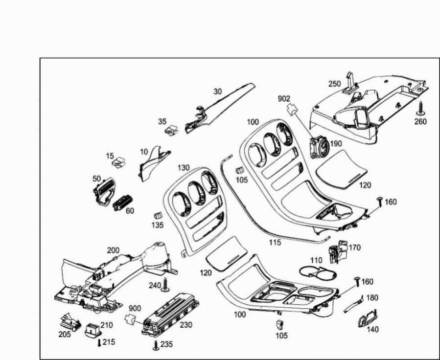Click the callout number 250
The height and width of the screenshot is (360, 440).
coord(334,84)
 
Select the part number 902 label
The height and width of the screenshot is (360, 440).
coord(284,99)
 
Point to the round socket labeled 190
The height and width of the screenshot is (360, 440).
coord(319,147)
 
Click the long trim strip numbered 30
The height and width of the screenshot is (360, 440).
coord(218,108)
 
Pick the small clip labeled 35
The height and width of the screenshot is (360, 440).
coord(171,131)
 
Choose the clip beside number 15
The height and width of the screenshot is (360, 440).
coord(119,162)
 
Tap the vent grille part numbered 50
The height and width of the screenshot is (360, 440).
coord(104,192)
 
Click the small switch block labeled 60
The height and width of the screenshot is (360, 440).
coord(122,202)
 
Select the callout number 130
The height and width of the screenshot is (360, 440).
coord(184,168)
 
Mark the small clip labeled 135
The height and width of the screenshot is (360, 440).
coord(158,215)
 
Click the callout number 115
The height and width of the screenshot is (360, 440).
coord(275,242)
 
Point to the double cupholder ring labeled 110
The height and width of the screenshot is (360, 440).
coord(318,271)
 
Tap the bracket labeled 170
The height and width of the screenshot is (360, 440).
coord(337,252)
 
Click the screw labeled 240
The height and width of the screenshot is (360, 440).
coord(165,285)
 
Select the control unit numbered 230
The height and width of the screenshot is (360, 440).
coord(170,315)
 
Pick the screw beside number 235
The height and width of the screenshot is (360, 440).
coord(156,345)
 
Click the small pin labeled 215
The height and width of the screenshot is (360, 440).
coord(99,342)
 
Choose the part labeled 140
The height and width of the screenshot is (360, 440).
coord(368,318)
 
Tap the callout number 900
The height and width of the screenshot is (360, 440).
coord(135,308)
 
